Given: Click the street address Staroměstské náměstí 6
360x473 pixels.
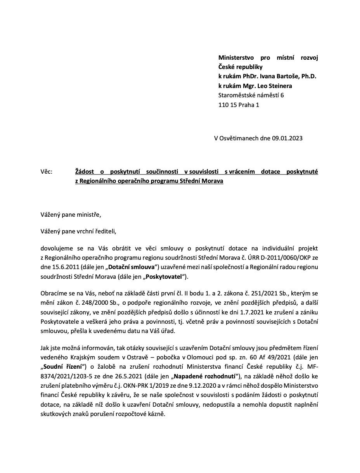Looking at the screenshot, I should (251, 95).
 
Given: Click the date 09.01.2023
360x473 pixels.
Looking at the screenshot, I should (287, 138).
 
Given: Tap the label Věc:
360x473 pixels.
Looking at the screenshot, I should (46, 171).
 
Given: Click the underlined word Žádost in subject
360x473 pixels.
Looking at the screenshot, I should (85, 171).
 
